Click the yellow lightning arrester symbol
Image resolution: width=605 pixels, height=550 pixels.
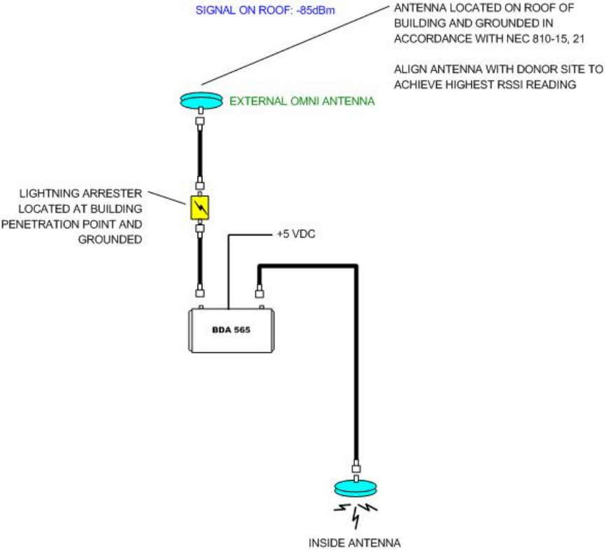coord(201,208)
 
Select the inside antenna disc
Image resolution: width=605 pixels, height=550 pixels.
coord(356,487)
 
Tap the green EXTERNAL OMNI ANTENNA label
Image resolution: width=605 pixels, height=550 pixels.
coord(302,102)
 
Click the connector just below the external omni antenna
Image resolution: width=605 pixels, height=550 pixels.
coord(201,121)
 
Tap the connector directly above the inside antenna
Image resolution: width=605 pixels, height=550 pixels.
coord(356,467)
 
